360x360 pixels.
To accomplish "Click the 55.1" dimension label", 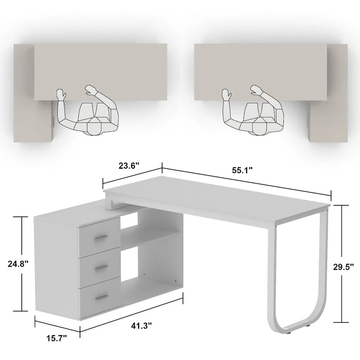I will [243, 171].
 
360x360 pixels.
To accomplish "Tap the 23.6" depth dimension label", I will [129, 165].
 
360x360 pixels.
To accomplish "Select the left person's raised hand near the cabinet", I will [61, 94].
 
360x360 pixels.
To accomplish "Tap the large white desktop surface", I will [216, 198].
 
